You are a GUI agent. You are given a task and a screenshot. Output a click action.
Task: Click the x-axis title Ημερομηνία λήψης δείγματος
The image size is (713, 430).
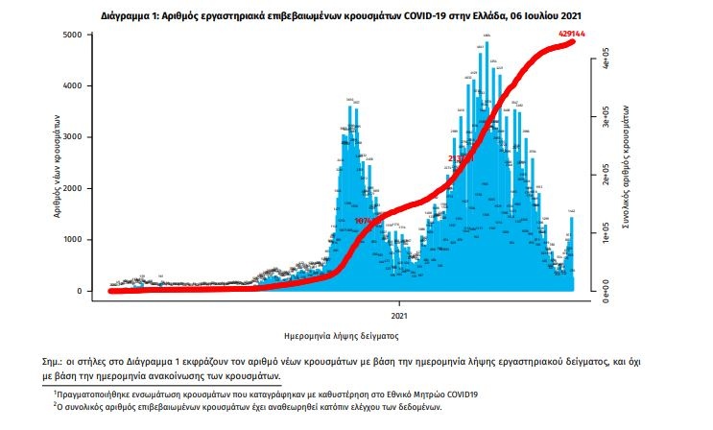[342, 337]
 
